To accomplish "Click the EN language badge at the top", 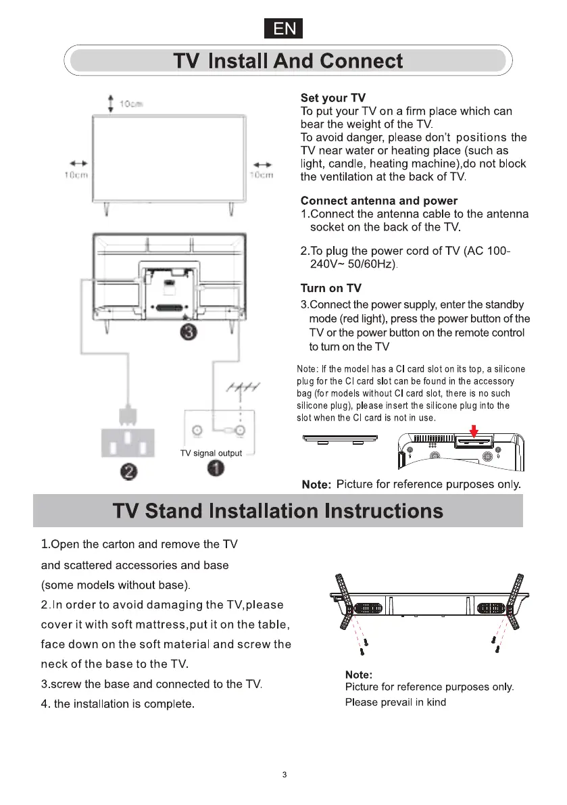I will (283, 29).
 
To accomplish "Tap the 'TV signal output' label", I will (211, 453).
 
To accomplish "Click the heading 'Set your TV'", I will (332, 99).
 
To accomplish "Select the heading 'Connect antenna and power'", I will (378, 201).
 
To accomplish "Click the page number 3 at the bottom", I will (285, 775).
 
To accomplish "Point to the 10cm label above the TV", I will (130, 104).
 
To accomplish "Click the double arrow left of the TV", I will (78, 164).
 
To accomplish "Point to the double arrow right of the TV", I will (263, 164).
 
